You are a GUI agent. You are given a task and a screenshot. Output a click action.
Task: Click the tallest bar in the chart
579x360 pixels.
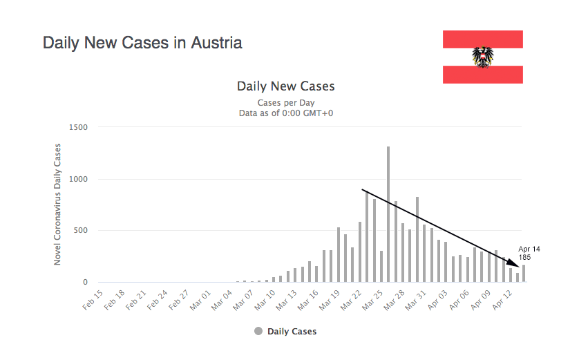[388, 214]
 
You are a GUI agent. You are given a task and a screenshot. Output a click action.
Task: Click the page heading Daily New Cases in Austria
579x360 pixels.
[142, 43]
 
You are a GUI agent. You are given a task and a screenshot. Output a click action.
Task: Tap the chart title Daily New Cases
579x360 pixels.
[285, 86]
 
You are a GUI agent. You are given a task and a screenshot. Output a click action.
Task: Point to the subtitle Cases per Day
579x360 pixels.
[285, 103]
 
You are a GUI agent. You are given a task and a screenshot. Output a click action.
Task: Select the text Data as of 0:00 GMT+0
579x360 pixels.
[285, 113]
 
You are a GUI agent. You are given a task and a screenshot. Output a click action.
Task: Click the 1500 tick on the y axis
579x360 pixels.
[77, 127]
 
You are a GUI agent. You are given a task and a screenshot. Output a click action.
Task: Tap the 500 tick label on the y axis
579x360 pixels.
[80, 230]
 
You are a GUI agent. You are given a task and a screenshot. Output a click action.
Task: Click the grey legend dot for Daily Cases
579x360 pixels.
[258, 332]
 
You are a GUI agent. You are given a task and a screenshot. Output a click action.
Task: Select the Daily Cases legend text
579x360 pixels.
[292, 332]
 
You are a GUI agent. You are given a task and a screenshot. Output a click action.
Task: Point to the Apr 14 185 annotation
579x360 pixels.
[529, 253]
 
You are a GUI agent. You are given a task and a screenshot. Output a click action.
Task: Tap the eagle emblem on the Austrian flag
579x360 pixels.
[482, 57]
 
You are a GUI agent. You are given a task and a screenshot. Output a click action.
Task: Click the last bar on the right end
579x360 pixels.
[524, 274]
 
